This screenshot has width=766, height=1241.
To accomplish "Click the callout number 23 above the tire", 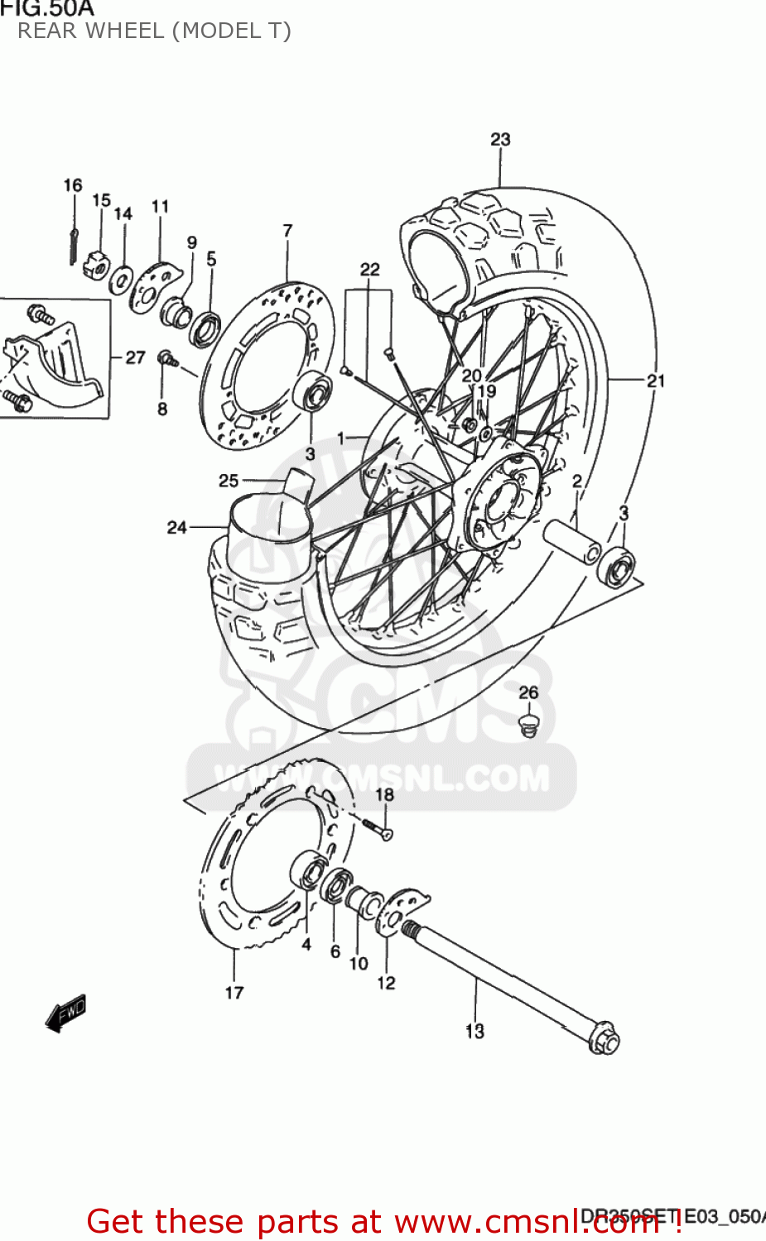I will click(x=500, y=139).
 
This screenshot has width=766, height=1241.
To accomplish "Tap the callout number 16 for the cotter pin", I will click(x=73, y=185).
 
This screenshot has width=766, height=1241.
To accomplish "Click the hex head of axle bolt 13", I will click(x=604, y=1040).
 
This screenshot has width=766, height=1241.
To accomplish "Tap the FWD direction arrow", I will click(x=65, y=1013).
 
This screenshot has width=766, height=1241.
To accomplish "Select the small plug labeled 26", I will click(x=527, y=726).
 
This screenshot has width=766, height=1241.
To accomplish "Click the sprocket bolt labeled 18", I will click(x=377, y=828).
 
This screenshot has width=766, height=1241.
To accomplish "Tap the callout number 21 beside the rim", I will click(x=656, y=381).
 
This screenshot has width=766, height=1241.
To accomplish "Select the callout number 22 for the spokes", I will click(x=369, y=269).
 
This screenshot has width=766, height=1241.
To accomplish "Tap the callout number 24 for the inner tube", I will click(x=177, y=527).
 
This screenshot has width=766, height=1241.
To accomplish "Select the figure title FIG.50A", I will click(x=47, y=9).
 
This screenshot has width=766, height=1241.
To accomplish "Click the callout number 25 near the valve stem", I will click(x=229, y=481).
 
